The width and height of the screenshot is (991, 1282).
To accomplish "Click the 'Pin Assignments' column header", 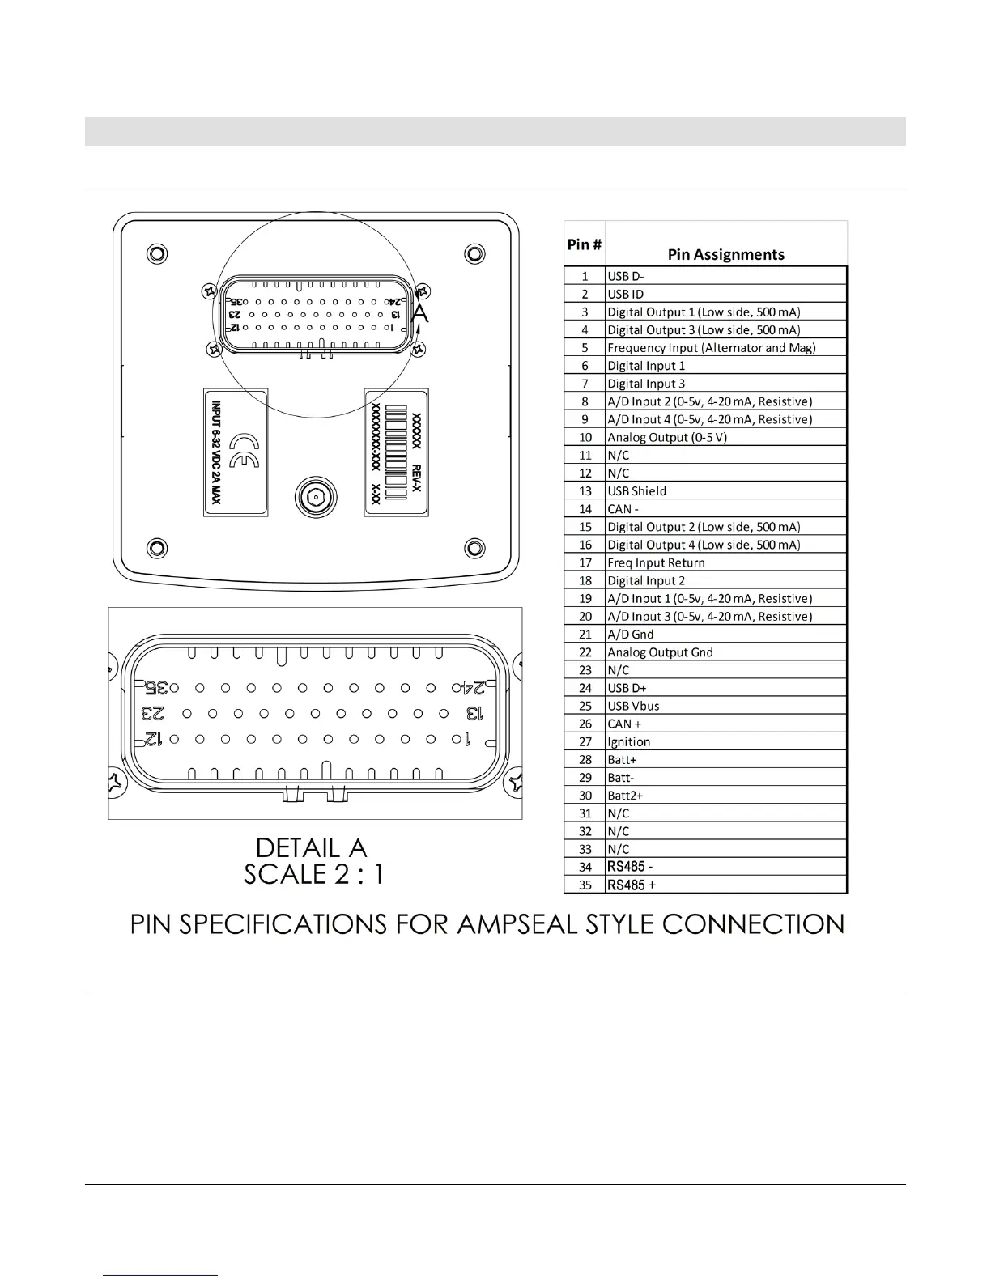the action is coord(725,254).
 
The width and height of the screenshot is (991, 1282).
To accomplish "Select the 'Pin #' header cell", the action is coord(584,244).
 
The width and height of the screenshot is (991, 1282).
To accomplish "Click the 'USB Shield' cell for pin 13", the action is coord(637,491).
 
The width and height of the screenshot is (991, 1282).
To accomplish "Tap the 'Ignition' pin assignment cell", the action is coord(629,742).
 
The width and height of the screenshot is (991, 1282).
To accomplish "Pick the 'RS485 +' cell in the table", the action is coord(632,885).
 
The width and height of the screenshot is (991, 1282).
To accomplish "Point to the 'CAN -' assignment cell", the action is coord(623,509).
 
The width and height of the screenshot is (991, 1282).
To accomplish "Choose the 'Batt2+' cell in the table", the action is coord(626,796).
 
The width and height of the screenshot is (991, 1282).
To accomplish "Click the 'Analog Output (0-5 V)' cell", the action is coord(667,438).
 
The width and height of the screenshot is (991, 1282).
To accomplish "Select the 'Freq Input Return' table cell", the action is coord(656,562).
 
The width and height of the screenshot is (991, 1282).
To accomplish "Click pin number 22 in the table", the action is coord(585,652).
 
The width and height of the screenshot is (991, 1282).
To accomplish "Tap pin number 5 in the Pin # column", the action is coord(585,348).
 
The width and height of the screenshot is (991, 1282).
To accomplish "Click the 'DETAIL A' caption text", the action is coord(312,847).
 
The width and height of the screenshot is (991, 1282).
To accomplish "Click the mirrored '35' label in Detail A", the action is coord(156,688).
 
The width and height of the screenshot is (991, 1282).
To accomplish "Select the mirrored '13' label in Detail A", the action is coord(474,714).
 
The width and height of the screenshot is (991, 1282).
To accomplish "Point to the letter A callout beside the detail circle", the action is coord(419,313).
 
